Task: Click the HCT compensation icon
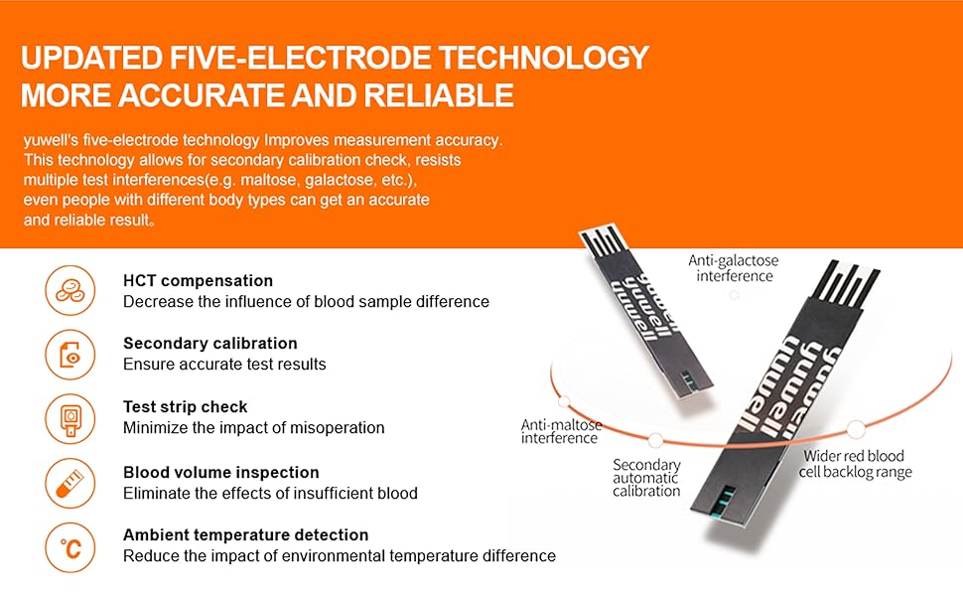(70, 291)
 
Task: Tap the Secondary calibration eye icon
(70, 355)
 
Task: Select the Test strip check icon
(70, 418)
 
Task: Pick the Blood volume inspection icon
(70, 484)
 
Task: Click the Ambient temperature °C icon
(70, 547)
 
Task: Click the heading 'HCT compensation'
(198, 281)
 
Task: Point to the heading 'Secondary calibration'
(209, 344)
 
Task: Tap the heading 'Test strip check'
(185, 407)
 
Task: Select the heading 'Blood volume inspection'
(220, 473)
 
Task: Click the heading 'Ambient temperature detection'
(245, 535)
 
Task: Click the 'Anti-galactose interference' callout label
(734, 268)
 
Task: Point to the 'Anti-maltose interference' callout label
(561, 432)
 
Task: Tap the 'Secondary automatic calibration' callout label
(646, 478)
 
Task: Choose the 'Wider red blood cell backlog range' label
(854, 464)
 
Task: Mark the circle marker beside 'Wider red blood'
(855, 429)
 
